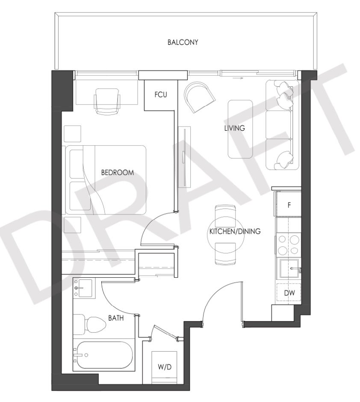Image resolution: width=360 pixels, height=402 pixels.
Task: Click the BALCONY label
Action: tap(183, 42)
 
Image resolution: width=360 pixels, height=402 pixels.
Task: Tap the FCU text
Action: tap(161, 95)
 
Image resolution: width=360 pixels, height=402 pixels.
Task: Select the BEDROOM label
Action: tap(118, 172)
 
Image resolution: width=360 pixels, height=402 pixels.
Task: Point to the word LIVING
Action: tap(235, 128)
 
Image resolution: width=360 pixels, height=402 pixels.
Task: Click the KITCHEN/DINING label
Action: tap(235, 231)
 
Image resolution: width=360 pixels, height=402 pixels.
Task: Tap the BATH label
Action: tap(116, 318)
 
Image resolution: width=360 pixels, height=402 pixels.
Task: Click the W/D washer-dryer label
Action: tap(165, 367)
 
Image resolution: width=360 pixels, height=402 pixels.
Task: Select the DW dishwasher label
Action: tap(289, 293)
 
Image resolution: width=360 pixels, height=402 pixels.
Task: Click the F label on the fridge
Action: tap(289, 205)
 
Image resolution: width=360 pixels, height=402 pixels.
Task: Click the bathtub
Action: tap(103, 355)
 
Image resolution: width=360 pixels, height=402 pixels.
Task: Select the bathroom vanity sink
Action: tap(84, 288)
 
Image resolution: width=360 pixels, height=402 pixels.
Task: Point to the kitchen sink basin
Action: tap(289, 268)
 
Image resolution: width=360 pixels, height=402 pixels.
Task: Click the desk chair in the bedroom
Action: tap(107, 101)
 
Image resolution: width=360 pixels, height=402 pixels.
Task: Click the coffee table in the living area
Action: tap(240, 129)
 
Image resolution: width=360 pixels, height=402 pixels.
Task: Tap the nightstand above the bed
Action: tap(72, 134)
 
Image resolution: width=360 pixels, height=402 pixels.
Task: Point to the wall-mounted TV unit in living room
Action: tap(185, 157)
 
